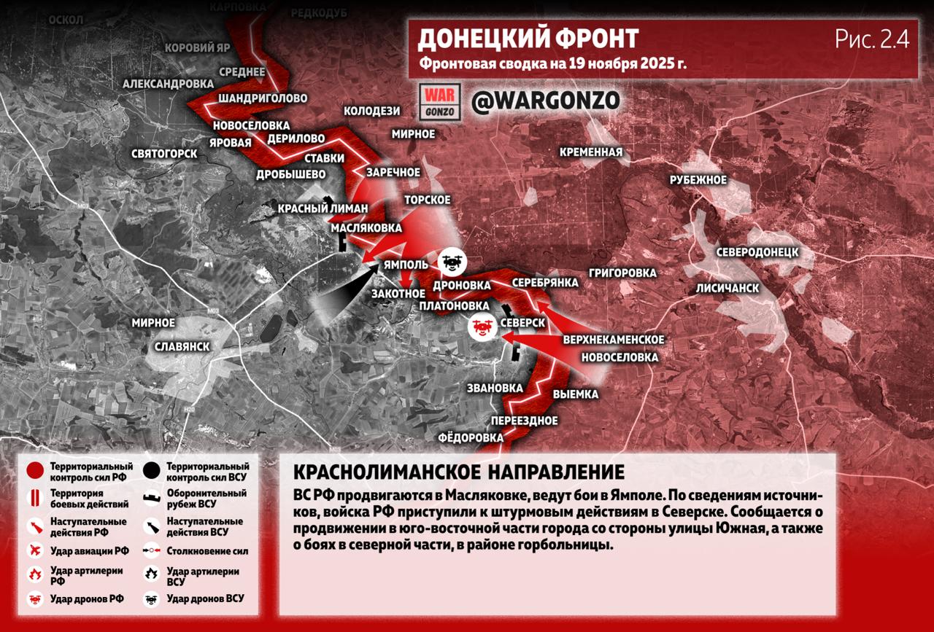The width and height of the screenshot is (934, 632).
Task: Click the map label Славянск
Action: [x=182, y=346]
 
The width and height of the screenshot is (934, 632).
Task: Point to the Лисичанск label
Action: [x=727, y=288]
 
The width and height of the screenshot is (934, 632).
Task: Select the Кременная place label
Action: [x=591, y=152]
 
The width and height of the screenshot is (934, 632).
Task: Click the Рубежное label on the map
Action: [x=698, y=180]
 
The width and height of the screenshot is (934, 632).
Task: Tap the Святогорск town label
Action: [x=164, y=154]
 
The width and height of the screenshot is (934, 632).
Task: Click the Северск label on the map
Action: [x=523, y=322]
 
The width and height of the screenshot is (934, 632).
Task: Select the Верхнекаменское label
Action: [x=613, y=340]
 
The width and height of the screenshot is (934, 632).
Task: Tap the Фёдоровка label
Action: [x=471, y=437]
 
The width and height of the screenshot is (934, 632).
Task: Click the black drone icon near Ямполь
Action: [x=451, y=261]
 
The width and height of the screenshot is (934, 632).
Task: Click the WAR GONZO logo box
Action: [x=441, y=102]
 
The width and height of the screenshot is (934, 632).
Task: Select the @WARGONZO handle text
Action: [x=545, y=101]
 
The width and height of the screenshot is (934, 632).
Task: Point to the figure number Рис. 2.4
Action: [x=872, y=40]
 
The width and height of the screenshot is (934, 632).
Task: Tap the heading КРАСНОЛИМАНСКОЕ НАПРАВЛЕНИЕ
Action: [x=448, y=470]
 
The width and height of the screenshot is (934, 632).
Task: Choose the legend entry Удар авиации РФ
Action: [x=89, y=550]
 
